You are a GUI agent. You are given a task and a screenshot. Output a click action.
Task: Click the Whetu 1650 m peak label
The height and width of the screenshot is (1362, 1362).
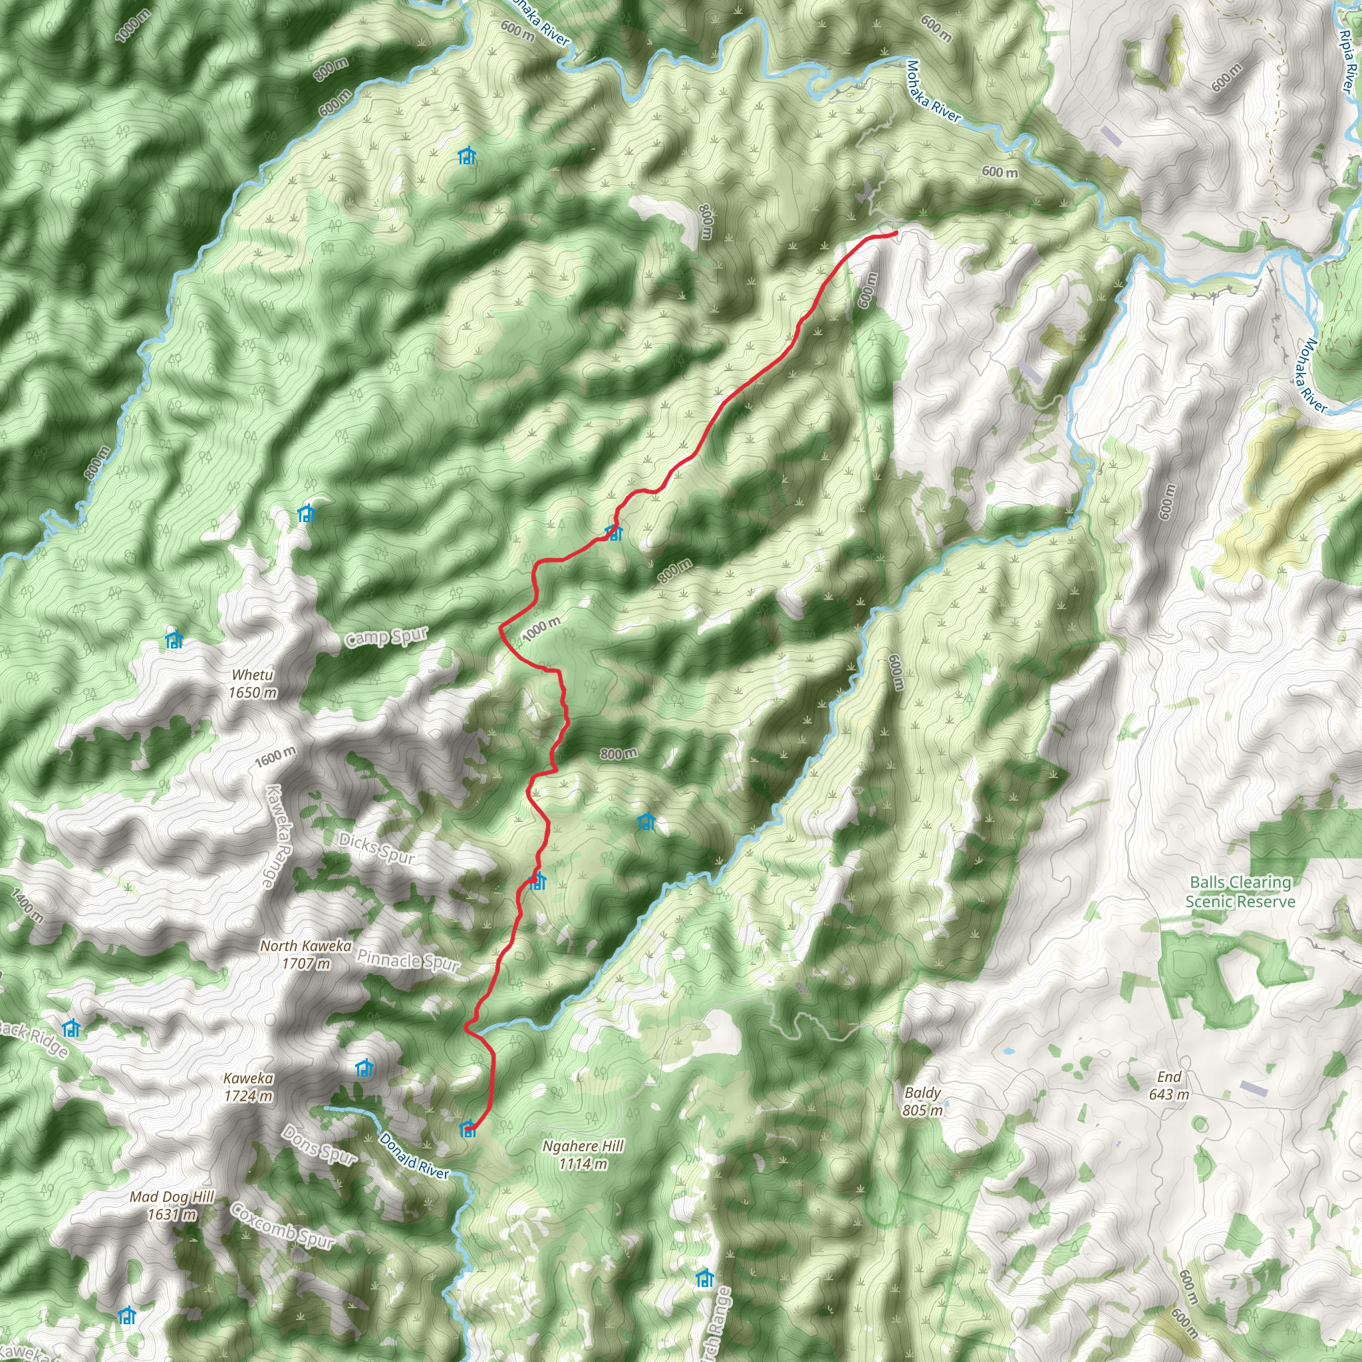click(252, 684)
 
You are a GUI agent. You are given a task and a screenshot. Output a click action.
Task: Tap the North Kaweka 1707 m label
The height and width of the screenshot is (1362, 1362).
click(305, 954)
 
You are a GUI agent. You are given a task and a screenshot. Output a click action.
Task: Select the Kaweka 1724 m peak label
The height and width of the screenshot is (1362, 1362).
click(248, 1087)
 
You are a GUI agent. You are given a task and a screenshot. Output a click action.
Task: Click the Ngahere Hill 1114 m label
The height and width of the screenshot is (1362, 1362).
click(583, 1155)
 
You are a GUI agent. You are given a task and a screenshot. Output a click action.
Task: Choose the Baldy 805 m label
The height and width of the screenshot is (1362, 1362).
click(922, 1101)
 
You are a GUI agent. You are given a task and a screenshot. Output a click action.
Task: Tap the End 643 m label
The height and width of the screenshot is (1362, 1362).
click(1169, 1085)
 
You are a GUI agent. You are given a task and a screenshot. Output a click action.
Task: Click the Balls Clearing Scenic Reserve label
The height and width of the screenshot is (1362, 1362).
click(1240, 891)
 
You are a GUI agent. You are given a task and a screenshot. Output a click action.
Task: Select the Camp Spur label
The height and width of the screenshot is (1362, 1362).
click(386, 636)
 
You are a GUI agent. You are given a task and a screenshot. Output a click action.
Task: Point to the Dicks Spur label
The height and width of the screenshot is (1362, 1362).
click(376, 847)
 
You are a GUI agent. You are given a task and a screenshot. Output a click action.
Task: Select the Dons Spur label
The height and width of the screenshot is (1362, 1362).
click(319, 1143)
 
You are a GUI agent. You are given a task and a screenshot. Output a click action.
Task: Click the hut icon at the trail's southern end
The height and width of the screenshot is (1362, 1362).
click(468, 1129)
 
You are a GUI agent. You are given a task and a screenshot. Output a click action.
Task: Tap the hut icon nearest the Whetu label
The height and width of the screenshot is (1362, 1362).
click(174, 640)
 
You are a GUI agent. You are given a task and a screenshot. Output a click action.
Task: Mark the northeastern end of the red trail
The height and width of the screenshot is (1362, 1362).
click(894, 233)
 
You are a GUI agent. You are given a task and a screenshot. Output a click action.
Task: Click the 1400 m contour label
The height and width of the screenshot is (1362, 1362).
click(27, 906)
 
